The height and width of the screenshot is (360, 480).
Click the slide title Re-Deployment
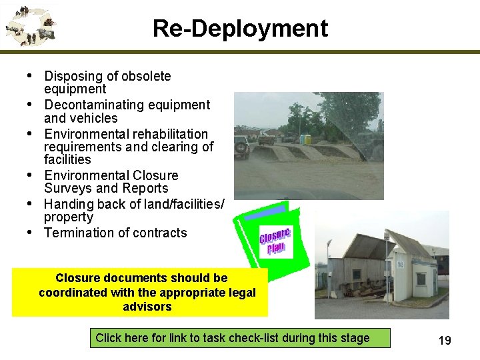pyautogui.click(x=240, y=29)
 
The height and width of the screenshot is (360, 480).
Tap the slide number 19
pyautogui.click(x=445, y=341)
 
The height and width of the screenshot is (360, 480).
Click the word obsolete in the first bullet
pyautogui.click(x=146, y=76)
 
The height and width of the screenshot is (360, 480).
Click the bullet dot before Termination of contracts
pyautogui.click(x=31, y=233)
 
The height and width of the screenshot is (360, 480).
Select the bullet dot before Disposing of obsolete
pyautogui.click(x=31, y=76)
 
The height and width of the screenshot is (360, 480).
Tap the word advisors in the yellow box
pyautogui.click(x=147, y=307)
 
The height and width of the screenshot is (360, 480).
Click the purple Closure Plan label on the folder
pyautogui.click(x=275, y=241)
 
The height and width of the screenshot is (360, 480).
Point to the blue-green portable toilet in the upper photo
pyautogui.click(x=306, y=139)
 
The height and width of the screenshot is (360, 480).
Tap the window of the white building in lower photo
pyautogui.click(x=422, y=278)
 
